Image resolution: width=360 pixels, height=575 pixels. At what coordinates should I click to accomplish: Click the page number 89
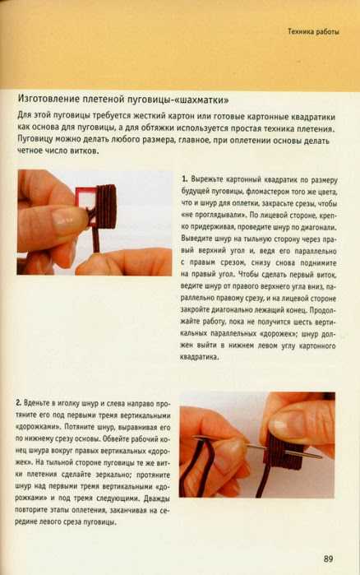[x=328, y=559]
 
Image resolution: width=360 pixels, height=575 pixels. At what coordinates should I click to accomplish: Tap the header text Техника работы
[x=313, y=31]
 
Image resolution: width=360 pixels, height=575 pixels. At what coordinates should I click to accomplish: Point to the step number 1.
[x=185, y=179]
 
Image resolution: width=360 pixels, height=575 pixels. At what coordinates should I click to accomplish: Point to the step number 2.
[x=18, y=402]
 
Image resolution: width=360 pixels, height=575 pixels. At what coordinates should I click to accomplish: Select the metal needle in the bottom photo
[x=257, y=447]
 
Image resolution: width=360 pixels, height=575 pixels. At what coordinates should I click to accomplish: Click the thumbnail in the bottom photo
[x=290, y=423]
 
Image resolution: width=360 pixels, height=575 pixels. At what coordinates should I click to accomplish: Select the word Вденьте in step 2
[x=36, y=403]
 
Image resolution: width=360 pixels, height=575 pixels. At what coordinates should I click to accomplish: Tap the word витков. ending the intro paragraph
[x=84, y=151]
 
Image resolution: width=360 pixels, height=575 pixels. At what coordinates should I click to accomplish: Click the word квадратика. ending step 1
[x=199, y=357]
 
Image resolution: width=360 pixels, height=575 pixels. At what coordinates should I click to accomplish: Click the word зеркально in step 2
[x=113, y=475]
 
